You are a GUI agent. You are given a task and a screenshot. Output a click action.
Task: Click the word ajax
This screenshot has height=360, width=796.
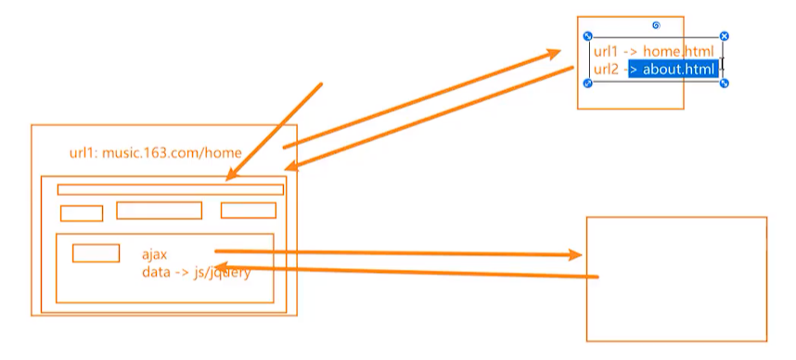154,254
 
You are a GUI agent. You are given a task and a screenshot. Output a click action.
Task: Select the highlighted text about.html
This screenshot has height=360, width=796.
674,69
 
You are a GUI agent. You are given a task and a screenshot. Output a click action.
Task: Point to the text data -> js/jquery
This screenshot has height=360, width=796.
196,273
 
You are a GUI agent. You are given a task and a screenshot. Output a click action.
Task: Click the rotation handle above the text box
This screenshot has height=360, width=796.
656,25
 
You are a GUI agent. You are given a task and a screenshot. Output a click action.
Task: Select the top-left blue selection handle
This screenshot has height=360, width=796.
588,36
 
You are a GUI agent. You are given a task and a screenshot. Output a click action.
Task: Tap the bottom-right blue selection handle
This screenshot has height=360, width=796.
725,84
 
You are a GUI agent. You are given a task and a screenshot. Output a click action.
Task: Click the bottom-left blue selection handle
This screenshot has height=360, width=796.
588,84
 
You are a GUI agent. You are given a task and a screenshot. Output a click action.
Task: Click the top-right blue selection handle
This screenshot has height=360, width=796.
725,36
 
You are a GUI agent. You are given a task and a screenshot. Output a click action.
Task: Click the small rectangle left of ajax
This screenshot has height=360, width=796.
96,252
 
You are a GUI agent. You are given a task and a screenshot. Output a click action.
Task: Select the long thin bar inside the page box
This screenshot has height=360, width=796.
170,189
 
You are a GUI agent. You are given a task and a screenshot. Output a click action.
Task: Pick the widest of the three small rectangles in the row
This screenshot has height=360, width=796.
159,211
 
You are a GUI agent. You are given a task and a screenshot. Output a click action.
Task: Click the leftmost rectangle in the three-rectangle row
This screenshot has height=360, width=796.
82,213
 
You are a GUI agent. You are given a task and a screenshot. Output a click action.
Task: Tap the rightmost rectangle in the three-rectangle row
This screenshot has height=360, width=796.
248,211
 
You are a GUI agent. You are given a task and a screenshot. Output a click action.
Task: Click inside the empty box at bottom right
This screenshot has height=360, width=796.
676,278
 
